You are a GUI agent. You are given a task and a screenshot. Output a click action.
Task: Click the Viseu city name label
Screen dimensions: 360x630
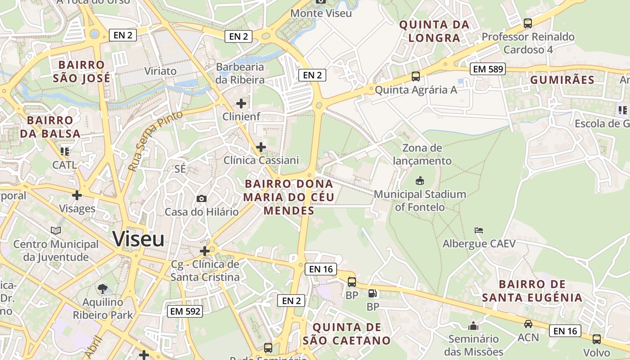[x=138, y=238]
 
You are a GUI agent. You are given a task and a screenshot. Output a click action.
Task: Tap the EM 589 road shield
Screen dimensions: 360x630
[x=488, y=69]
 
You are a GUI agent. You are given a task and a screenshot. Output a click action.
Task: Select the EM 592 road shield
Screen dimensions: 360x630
[x=184, y=311]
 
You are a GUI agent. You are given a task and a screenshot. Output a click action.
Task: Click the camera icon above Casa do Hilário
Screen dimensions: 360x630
[x=202, y=198]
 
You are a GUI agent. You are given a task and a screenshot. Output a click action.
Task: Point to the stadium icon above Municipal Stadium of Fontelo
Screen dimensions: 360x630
[x=419, y=181]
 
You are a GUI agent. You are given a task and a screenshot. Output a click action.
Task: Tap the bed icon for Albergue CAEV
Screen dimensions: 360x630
[x=479, y=230]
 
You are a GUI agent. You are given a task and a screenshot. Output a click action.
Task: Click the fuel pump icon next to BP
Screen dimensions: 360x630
[x=373, y=294]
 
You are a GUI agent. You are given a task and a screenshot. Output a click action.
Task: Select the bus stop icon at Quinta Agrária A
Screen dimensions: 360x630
[x=416, y=76]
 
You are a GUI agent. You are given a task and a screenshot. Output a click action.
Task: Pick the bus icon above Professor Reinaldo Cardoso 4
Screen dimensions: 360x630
[x=528, y=23]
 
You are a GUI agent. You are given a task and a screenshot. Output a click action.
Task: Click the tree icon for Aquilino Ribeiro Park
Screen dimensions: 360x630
[x=103, y=288]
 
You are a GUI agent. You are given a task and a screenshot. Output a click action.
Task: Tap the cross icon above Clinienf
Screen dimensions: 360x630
[x=241, y=103]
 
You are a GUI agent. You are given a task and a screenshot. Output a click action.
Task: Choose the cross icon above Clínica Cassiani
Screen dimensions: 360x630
[x=261, y=147]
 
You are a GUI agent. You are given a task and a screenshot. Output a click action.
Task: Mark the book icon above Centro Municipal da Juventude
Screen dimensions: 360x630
[x=56, y=230]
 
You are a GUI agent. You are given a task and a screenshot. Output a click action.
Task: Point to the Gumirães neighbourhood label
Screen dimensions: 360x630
[x=562, y=80]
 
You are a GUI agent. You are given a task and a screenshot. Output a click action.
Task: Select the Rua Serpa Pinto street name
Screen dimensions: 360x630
[x=155, y=140]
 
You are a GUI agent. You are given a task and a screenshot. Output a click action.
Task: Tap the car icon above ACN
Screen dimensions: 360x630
[x=528, y=324]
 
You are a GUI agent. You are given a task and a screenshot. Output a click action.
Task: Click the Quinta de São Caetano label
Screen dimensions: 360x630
[x=347, y=333]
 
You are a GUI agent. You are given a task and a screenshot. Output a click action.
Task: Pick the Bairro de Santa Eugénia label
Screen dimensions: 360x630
[x=532, y=291]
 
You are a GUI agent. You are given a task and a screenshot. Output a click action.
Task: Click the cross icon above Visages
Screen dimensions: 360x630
[x=77, y=195]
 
